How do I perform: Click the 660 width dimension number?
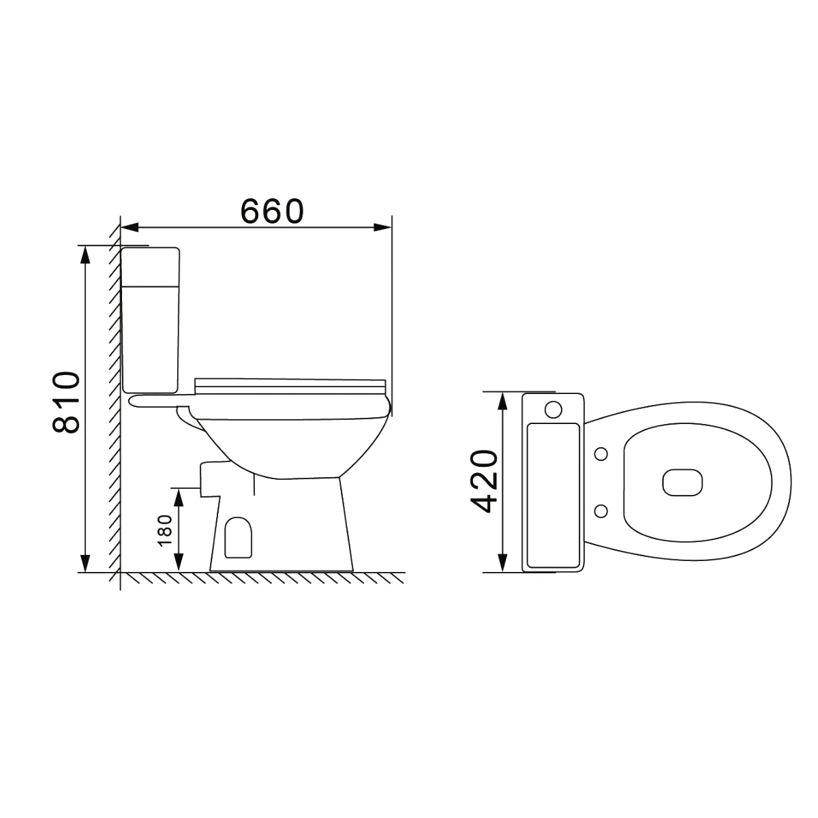click(271, 212)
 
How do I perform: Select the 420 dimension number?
click(485, 481)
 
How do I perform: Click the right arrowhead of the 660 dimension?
click(383, 228)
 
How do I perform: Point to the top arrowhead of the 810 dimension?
click(85, 254)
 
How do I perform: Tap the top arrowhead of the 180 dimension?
click(179, 496)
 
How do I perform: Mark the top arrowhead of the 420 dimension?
click(502, 401)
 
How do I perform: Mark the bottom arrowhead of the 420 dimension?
click(502, 562)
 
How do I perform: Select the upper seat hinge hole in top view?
click(601, 453)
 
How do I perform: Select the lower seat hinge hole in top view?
click(601, 510)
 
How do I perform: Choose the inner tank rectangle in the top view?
click(554, 495)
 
